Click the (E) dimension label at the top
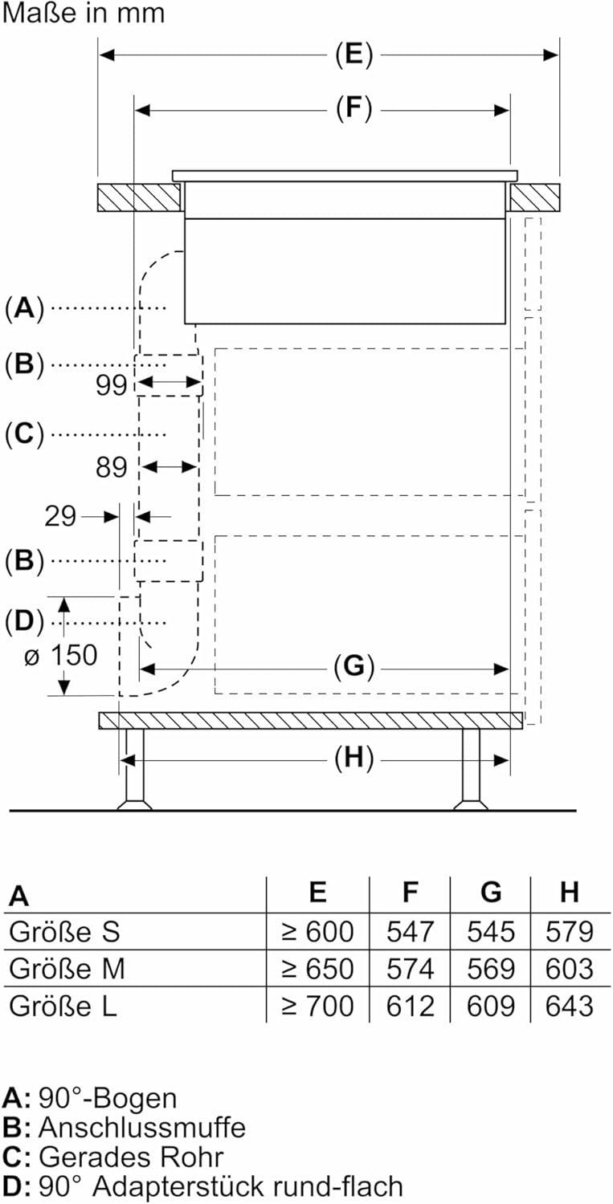point(354,55)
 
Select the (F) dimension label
point(354,110)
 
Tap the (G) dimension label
point(354,667)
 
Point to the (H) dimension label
point(354,759)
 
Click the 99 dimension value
point(112,386)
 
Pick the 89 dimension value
point(112,467)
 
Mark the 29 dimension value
point(61,516)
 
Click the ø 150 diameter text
point(60,656)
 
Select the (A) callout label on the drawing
point(24,307)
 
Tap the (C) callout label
point(24,434)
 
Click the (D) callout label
point(24,621)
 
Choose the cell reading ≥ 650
point(317,969)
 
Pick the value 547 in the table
point(410,932)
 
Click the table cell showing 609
point(490,1006)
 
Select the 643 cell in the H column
point(570,1006)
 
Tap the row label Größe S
point(64,932)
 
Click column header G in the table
point(490,892)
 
